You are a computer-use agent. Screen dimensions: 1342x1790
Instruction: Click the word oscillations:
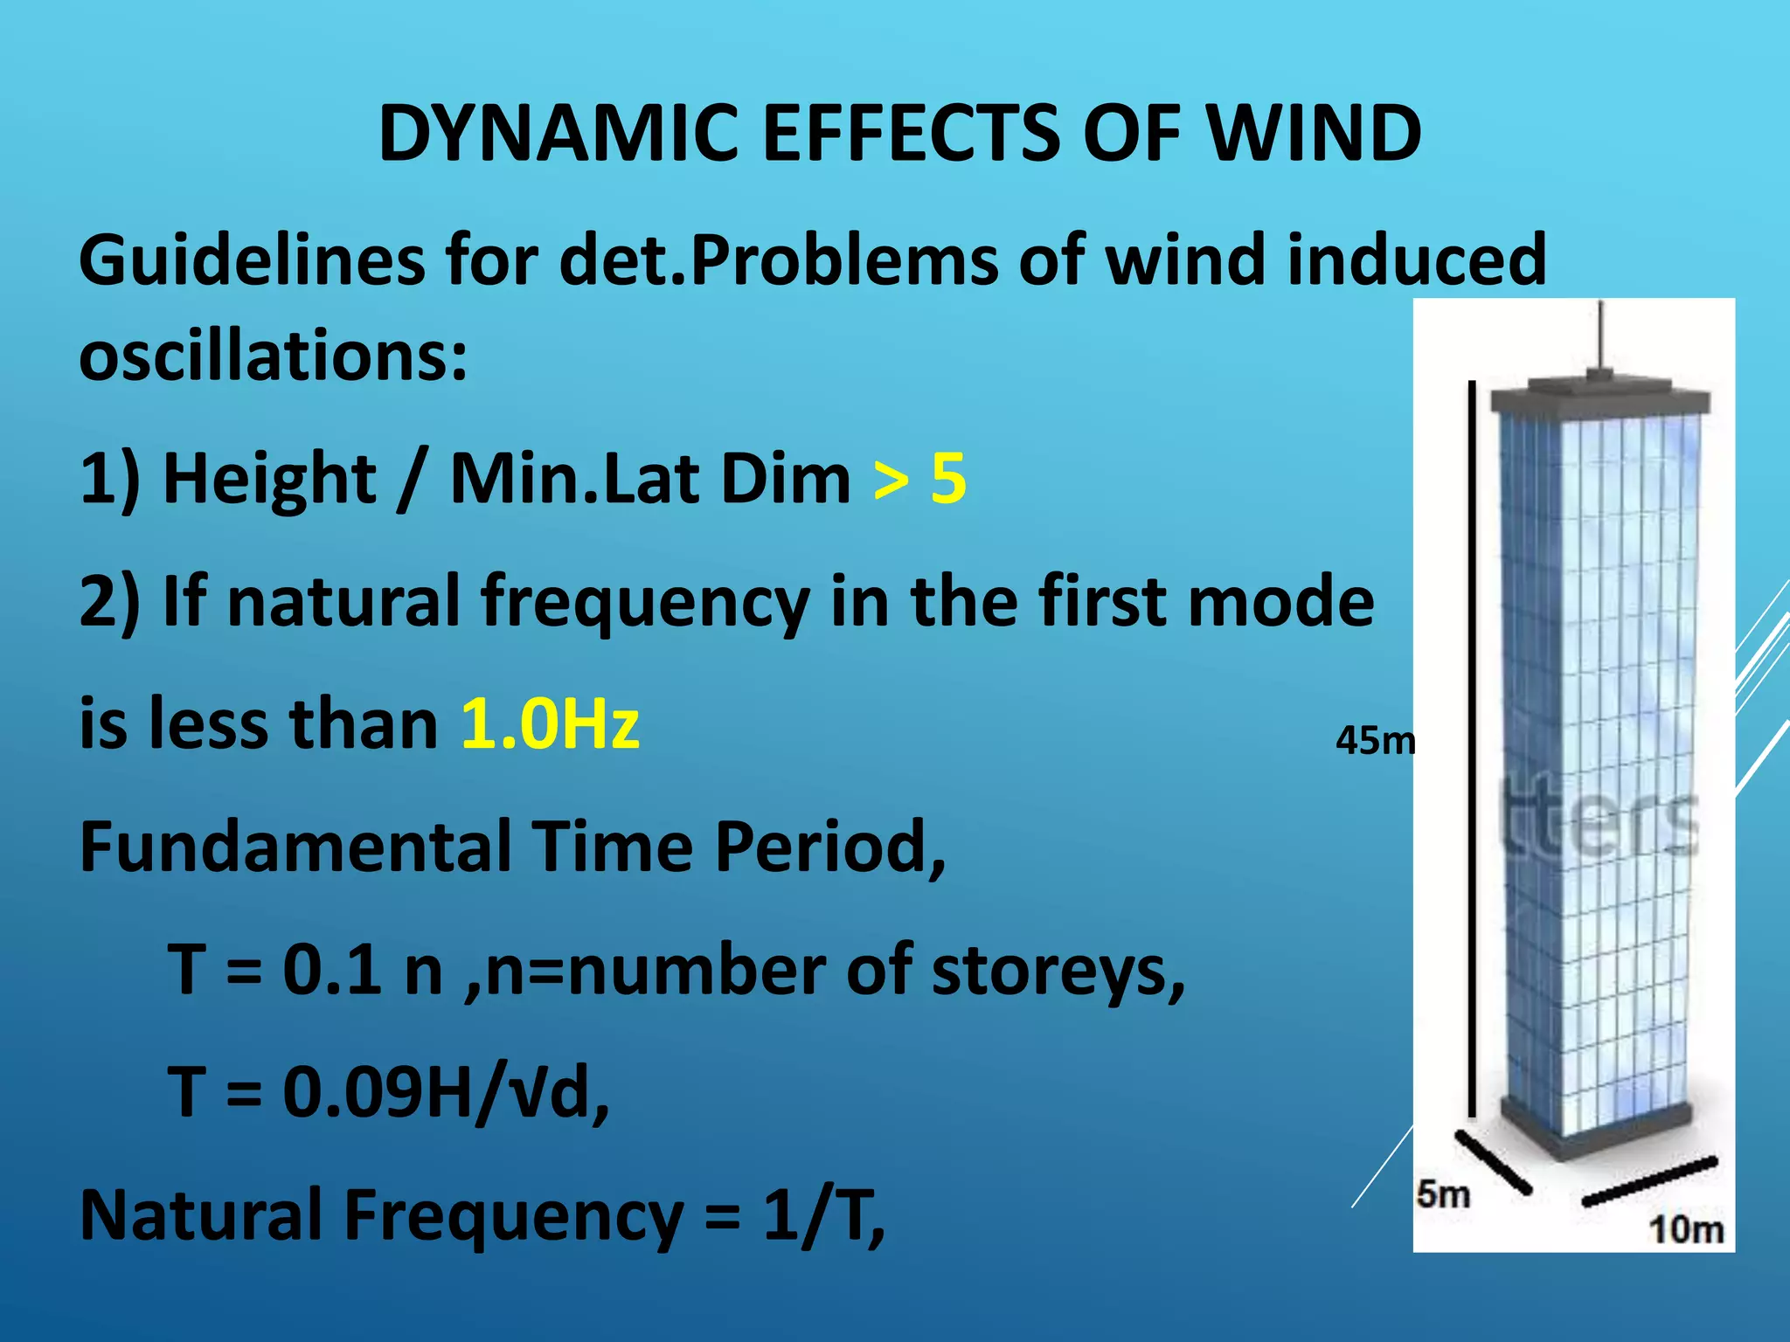pos(274,356)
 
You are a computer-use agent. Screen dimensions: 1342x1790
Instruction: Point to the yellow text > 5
pos(919,479)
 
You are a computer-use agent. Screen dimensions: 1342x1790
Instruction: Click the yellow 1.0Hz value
pos(551,724)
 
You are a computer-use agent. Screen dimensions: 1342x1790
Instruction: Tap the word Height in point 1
pos(269,479)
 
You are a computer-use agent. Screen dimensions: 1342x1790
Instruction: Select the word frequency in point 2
pos(645,603)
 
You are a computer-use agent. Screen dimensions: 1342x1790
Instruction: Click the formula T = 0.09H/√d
pos(389,1092)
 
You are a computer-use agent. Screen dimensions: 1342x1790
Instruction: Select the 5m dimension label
pos(1443,1193)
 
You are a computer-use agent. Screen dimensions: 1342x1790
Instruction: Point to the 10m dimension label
pos(1686,1229)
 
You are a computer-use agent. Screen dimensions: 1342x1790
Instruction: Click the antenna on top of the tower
pos(1600,336)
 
